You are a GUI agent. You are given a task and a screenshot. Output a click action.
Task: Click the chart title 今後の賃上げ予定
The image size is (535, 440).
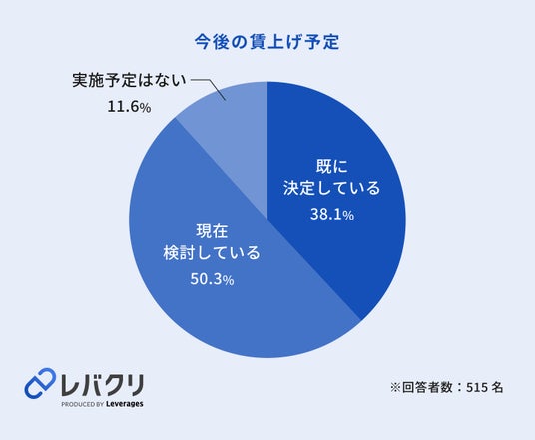click(267, 42)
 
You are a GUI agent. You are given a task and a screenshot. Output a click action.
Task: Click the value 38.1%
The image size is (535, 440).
click(332, 215)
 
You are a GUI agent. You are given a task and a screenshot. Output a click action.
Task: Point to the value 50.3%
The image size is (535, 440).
click(212, 279)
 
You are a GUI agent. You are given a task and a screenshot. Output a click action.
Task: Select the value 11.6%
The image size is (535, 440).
click(129, 107)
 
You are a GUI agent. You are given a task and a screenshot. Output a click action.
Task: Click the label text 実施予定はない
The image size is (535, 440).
click(130, 81)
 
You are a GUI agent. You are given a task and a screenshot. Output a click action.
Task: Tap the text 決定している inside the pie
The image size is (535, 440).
click(331, 188)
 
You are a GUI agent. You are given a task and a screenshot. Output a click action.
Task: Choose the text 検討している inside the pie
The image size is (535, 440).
click(212, 252)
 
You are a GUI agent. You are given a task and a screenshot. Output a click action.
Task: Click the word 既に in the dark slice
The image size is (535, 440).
click(332, 167)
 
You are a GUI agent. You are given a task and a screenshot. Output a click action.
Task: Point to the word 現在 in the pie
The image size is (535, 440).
click(212, 231)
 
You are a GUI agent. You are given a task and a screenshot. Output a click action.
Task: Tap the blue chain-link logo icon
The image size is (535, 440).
click(40, 383)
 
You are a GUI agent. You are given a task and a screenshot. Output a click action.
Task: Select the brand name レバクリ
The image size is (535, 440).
click(103, 385)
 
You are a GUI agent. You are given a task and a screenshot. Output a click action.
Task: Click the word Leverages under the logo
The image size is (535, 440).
click(124, 404)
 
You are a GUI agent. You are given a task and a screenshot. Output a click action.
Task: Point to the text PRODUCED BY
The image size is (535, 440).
click(82, 404)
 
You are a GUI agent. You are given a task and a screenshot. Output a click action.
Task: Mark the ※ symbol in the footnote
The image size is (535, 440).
click(396, 387)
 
